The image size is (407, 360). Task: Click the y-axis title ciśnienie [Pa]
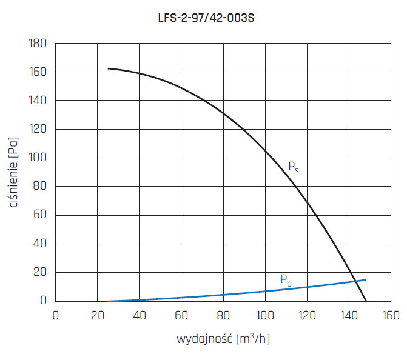(14, 172)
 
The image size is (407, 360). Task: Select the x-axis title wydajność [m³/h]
(223, 338)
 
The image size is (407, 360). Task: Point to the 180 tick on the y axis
(38, 44)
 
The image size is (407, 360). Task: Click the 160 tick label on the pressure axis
(38, 72)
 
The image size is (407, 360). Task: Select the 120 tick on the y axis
(38, 129)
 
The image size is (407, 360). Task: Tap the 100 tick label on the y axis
(38, 158)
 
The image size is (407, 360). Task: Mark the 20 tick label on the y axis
(40, 272)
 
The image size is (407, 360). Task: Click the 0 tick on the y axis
(43, 301)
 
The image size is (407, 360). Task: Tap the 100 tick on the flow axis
(265, 315)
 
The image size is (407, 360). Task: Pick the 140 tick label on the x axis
(349, 315)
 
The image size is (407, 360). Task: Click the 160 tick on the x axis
(391, 315)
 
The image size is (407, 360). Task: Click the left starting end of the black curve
(108, 68)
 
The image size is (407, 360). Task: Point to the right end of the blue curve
(366, 279)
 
